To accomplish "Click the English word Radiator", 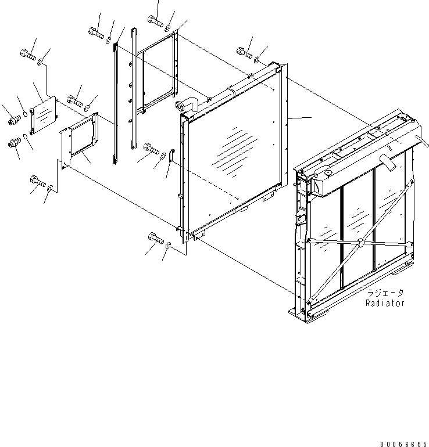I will coord(385,303).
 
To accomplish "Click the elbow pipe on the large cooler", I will coord(187,105).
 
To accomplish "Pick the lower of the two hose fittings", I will coord(14,143).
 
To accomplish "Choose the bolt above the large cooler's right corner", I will coord(244,53).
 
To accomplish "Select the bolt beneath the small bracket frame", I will coord(37,182).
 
